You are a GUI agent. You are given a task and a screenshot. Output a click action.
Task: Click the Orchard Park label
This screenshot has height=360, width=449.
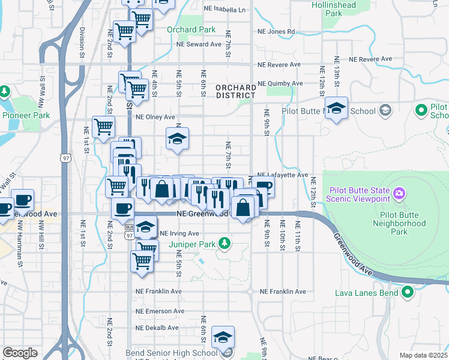(191, 29)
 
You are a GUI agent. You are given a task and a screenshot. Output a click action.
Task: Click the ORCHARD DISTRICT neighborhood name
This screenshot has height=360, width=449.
(236, 91)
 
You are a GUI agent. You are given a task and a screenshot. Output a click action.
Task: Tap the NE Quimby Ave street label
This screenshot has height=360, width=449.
(279, 84)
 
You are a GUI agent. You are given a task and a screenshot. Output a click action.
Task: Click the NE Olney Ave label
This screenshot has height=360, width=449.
(155, 118)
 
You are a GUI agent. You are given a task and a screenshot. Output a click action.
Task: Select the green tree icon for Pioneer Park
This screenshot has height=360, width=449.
(5, 91)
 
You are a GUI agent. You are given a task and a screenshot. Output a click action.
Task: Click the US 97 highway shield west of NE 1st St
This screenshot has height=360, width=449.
(64, 158)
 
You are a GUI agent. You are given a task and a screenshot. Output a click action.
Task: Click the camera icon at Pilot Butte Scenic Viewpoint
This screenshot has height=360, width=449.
(399, 194)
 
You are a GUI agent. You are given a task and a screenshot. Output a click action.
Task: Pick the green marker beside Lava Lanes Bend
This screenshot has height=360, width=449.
(408, 293)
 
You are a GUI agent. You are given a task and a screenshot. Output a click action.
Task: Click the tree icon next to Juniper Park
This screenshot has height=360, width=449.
(224, 243)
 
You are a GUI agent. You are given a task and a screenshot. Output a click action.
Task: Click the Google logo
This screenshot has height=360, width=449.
(20, 353)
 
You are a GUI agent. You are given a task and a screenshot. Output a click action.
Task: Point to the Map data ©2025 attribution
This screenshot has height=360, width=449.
(423, 355)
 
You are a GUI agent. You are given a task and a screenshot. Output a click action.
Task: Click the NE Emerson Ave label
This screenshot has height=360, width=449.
(157, 311)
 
